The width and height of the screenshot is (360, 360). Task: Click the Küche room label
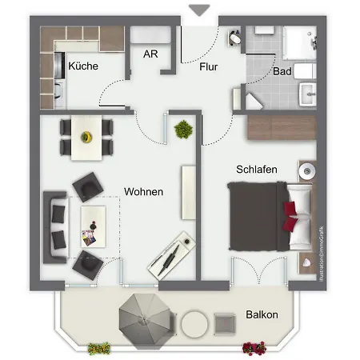click(x=83, y=66)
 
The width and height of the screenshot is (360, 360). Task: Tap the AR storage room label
click(x=150, y=55)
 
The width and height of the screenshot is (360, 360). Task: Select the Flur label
click(x=208, y=66)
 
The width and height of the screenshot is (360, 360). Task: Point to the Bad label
click(x=282, y=71)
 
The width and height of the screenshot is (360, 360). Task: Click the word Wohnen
click(x=144, y=192)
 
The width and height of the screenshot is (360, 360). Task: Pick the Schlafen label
click(x=256, y=170)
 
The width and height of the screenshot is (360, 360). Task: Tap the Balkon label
click(x=262, y=314)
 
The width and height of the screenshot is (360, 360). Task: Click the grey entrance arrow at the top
click(x=200, y=9)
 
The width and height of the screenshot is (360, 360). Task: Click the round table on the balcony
click(x=194, y=323)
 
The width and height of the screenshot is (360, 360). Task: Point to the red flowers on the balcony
click(x=254, y=347)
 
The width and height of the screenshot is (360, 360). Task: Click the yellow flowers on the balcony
click(x=99, y=348)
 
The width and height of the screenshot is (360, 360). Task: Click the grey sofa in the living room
click(x=56, y=225)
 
